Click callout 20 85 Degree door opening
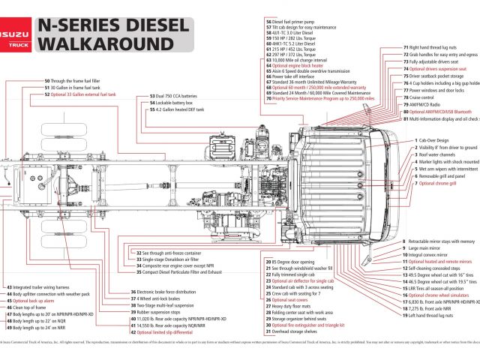point(295,261)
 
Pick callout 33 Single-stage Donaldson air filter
point(170,259)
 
